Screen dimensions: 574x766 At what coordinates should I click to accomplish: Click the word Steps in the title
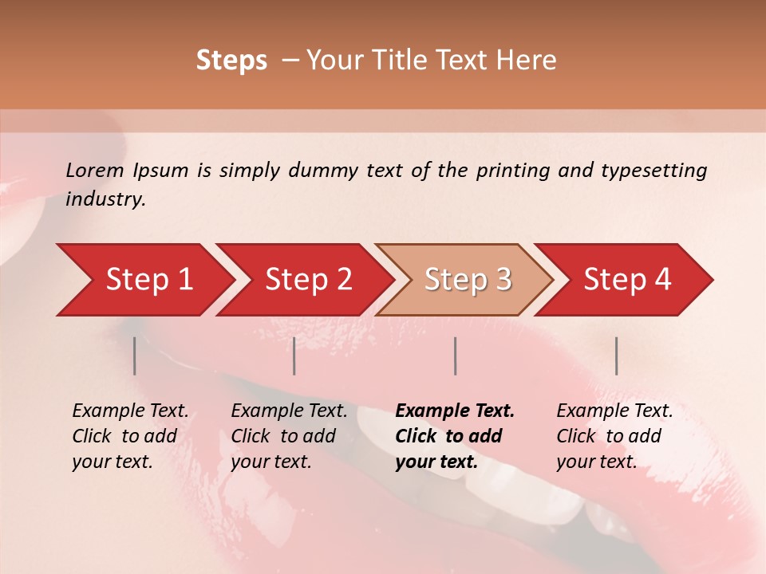pyautogui.click(x=231, y=61)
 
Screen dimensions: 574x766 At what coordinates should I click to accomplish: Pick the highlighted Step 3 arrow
pyautogui.click(x=467, y=280)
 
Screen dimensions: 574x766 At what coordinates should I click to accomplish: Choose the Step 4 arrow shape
pyautogui.click(x=626, y=280)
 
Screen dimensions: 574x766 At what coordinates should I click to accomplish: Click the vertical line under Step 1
pyautogui.click(x=135, y=356)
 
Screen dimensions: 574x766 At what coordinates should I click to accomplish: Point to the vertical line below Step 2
pyautogui.click(x=294, y=356)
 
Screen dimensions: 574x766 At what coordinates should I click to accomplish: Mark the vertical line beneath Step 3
pyautogui.click(x=456, y=356)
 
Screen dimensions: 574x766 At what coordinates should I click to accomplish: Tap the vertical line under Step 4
pyautogui.click(x=617, y=356)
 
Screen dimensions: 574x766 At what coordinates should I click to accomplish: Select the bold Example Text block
pyautogui.click(x=455, y=436)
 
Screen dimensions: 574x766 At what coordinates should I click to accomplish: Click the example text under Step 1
pyautogui.click(x=130, y=436)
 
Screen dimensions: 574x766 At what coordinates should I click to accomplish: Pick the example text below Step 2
pyautogui.click(x=289, y=436)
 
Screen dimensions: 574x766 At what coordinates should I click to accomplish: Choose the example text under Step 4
pyautogui.click(x=614, y=436)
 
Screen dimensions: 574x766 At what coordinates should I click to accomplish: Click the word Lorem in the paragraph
pyautogui.click(x=95, y=171)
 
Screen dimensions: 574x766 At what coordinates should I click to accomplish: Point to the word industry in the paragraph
pyautogui.click(x=105, y=199)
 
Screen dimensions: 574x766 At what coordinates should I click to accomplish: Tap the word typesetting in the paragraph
pyautogui.click(x=653, y=171)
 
